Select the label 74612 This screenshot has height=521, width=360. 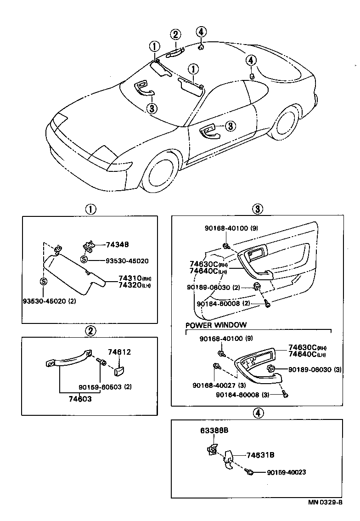(119, 352)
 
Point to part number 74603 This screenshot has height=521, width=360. (80, 399)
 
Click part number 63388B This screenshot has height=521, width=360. (214, 430)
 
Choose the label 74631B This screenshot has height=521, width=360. (260, 455)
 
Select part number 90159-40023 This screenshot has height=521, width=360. (286, 472)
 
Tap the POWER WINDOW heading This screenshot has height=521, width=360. (216, 325)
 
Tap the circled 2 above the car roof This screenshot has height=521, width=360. (175, 34)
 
